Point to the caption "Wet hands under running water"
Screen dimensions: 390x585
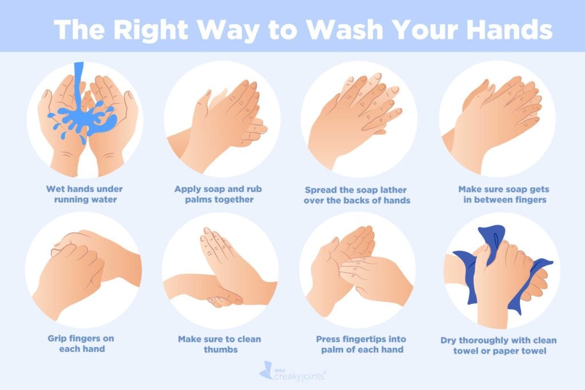(85, 194)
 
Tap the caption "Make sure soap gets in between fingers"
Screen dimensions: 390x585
(499, 194)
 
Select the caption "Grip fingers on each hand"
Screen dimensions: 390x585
(85, 344)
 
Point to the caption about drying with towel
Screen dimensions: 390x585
(499, 345)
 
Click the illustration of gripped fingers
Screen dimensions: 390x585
(84, 272)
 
